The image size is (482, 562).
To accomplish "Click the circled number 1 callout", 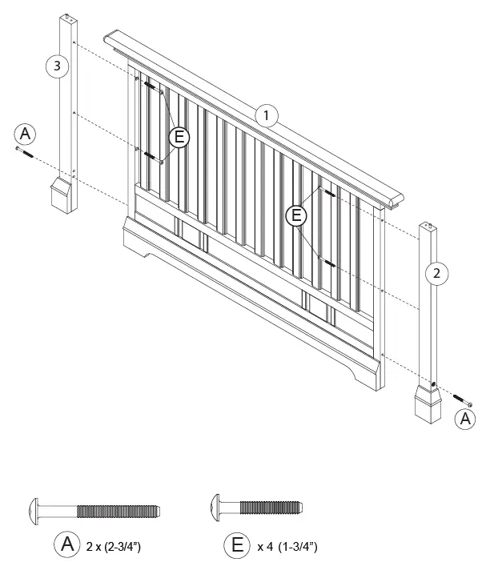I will pos(266,115).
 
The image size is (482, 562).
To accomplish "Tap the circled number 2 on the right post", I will pos(436,274).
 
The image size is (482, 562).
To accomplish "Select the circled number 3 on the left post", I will pos(55,67).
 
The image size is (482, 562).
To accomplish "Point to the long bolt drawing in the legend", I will pos(94,510).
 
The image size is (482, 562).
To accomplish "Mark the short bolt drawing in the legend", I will pos(256,507).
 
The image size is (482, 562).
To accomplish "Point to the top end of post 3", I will pos(70,18).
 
